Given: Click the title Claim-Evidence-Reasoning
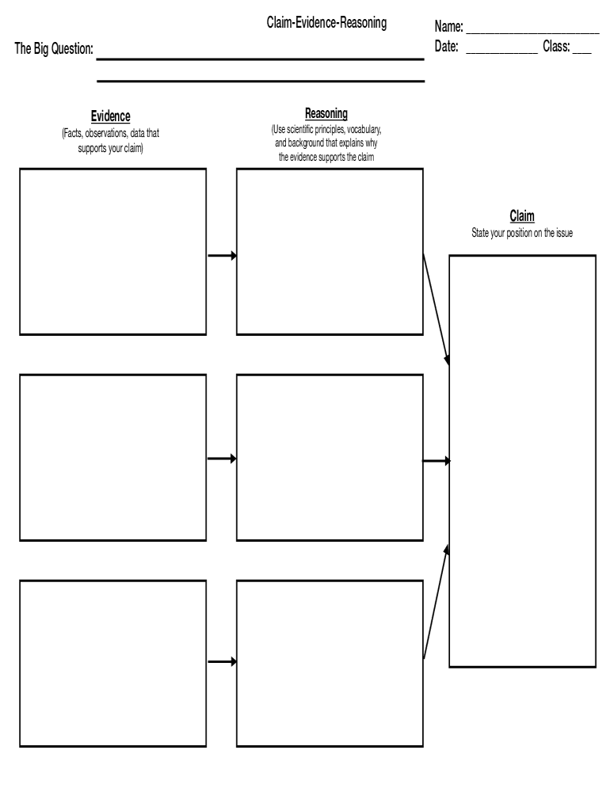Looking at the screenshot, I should [326, 24].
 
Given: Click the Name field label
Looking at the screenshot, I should [448, 29].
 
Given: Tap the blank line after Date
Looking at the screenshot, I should [501, 51].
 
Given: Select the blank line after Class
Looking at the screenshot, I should [581, 51].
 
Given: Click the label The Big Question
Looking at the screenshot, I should [54, 49].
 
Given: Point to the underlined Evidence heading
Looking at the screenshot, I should [110, 117].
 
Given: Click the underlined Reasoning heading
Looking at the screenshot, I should [326, 114].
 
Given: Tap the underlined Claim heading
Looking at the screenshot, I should [522, 216].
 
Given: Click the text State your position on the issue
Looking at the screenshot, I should [522, 233].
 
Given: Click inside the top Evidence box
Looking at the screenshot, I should [112, 251].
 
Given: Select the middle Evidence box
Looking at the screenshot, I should [112, 457].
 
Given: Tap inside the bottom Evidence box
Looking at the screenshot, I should [112, 663].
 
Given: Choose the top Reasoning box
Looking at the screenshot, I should [330, 251].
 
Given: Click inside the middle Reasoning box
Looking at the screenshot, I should [330, 457].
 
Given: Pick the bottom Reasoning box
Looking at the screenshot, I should [330, 663].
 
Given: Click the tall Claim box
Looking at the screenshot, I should [522, 461].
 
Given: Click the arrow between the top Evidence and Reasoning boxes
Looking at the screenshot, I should [222, 255].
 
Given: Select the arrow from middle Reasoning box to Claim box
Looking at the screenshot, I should [437, 460].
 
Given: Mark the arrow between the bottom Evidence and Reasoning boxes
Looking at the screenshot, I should [222, 661].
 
